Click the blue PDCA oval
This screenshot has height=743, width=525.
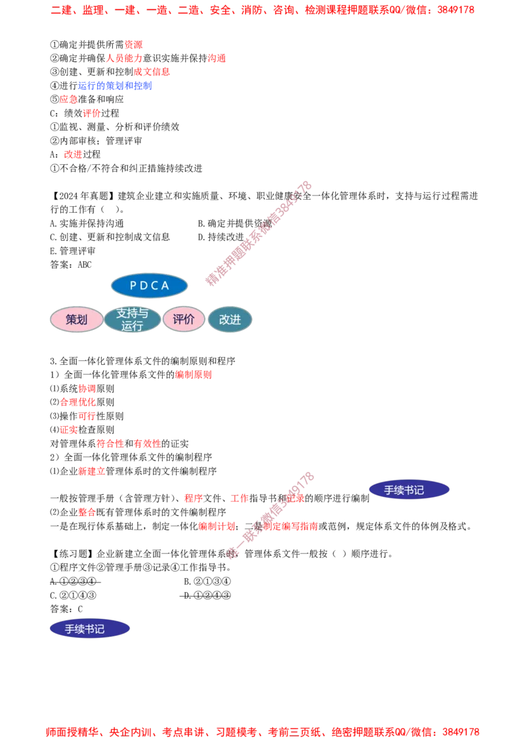150,286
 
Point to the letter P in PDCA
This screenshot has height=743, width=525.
133,286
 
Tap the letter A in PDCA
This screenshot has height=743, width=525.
166,286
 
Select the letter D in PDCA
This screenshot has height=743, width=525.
144,286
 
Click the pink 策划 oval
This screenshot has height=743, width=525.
77,320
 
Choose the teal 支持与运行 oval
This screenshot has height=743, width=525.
133,320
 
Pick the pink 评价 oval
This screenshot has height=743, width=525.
184,320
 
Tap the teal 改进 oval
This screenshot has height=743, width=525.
230,320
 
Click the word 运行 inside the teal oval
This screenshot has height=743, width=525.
133,326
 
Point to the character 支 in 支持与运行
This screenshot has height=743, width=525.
121,314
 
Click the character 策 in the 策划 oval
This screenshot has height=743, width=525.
71,320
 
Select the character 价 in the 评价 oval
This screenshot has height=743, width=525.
190,320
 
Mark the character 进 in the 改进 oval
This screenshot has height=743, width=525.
236,320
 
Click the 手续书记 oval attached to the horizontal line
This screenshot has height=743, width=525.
409,490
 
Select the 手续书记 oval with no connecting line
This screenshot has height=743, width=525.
89,629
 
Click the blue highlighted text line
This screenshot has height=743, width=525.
115,86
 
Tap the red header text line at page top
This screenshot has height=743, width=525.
262,11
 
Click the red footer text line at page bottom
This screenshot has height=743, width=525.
262,731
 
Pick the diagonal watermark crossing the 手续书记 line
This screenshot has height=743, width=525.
269,514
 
